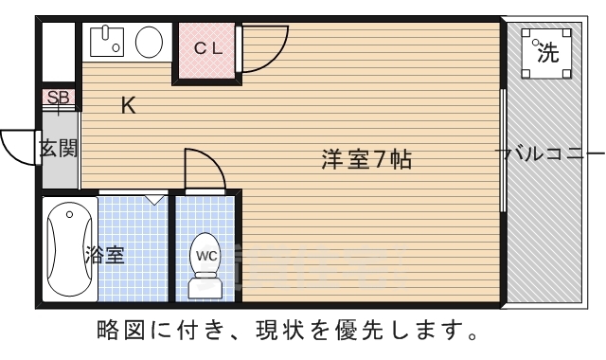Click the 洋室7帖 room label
(365, 160)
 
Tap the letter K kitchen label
(128, 106)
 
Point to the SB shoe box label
(58, 97)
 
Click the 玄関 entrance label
(58, 149)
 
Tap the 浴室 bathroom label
(104, 254)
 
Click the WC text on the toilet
(206, 254)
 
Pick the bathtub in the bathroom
(68, 248)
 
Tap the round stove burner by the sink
(148, 42)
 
